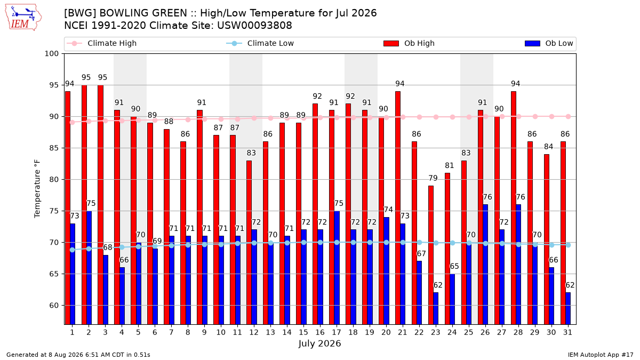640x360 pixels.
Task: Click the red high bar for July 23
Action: pyautogui.click(x=430, y=255)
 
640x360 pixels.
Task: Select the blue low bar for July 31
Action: pyautogui.click(x=568, y=309)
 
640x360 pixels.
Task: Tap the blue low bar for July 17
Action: pyautogui.click(x=337, y=268)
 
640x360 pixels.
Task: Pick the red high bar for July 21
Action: pyautogui.click(x=398, y=208)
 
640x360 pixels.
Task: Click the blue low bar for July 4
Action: pyautogui.click(x=122, y=296)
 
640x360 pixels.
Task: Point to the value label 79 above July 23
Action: pyautogui.click(x=433, y=178)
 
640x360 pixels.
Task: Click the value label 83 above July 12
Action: pyautogui.click(x=251, y=153)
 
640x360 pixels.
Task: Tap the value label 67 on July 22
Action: pyautogui.click(x=421, y=253)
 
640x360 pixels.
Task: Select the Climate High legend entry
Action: pyautogui.click(x=101, y=43)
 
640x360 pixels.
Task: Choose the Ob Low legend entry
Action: pyautogui.click(x=549, y=43)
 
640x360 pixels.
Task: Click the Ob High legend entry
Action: pyautogui.click(x=409, y=43)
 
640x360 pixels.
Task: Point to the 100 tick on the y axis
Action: pyautogui.click(x=51, y=54)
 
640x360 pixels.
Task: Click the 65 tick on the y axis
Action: pyautogui.click(x=54, y=274)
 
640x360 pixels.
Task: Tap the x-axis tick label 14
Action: pyautogui.click(x=287, y=332)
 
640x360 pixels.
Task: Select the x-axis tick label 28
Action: pyautogui.click(x=518, y=332)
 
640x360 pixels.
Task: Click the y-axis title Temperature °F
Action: pyautogui.click(x=37, y=189)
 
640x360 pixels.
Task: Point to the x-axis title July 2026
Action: pyautogui.click(x=319, y=343)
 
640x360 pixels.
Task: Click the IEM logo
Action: pyautogui.click(x=23, y=18)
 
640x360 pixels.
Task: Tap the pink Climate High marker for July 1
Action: pyautogui.click(x=73, y=122)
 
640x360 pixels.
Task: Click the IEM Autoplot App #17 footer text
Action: pyautogui.click(x=601, y=355)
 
